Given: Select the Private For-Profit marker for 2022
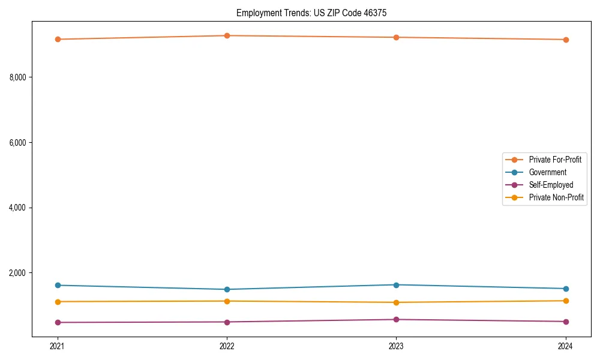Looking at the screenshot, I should [227, 36].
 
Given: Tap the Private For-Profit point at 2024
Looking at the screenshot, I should [566, 40].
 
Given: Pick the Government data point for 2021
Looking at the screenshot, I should [58, 285].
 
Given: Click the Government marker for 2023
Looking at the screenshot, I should [397, 285].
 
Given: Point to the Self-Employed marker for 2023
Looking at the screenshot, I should [397, 319].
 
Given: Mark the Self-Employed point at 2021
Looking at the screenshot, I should [58, 322].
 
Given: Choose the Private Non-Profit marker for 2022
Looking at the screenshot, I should [227, 301].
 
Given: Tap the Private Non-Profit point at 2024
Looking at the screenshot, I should [566, 301].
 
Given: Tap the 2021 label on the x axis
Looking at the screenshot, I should [58, 346].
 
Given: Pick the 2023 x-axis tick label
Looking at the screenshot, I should [397, 346].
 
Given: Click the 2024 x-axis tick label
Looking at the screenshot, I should [566, 346].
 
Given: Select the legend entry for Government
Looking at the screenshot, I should [547, 172].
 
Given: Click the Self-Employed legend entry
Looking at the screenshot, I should [551, 185].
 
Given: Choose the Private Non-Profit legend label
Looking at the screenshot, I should [556, 197].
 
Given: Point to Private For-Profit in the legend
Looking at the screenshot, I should [555, 160].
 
